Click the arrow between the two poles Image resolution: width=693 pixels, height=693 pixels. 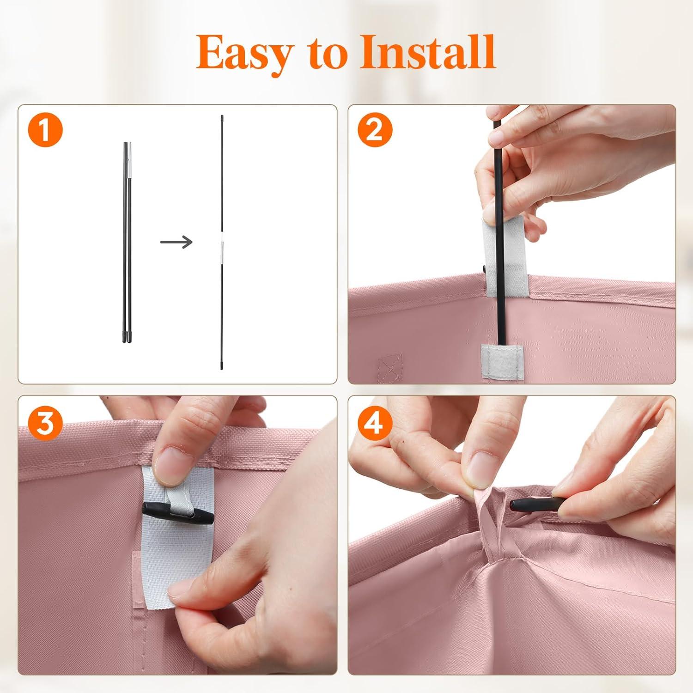[176, 241]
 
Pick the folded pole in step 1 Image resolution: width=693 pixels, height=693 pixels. [127, 242]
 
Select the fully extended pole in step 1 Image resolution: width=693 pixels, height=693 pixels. [222, 242]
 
